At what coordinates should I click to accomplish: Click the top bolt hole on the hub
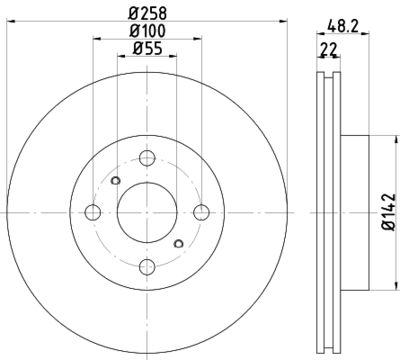[147, 157]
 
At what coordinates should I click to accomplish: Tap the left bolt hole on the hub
[93, 211]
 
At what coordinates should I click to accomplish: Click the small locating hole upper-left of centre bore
[116, 181]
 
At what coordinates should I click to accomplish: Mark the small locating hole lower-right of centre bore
[178, 242]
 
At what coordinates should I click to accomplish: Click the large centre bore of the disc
[147, 211]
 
